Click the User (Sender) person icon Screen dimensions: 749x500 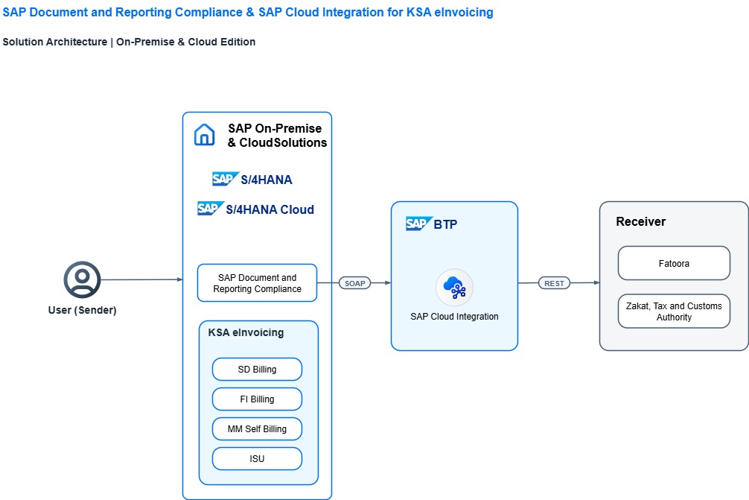point(82,279)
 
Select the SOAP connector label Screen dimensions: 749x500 point(354,283)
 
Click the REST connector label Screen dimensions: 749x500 point(554,283)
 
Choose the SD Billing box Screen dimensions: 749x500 point(257,370)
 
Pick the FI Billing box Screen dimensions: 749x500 point(257,399)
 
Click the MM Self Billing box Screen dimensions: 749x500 point(257,428)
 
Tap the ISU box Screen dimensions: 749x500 point(257,459)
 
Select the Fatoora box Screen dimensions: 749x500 point(674,263)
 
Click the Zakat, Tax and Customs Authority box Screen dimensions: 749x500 point(674,311)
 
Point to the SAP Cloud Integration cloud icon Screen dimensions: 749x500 point(454,288)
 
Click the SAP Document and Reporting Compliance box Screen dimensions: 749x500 point(257,283)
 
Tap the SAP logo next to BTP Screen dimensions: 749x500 point(419,224)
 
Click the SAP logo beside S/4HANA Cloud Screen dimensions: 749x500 point(211,209)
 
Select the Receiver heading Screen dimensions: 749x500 point(640,222)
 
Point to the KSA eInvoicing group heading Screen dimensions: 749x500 point(246,332)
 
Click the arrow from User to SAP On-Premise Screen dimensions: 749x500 point(142,279)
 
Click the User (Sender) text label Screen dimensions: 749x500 point(82,310)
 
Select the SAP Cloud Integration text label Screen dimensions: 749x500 point(454,317)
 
